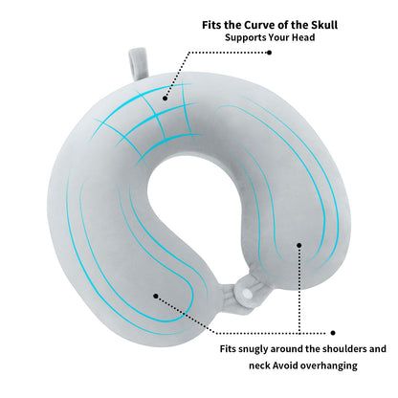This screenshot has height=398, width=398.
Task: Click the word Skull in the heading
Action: point(322,25)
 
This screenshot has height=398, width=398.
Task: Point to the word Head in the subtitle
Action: point(303,37)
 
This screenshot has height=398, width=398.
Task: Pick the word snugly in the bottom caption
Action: point(254,349)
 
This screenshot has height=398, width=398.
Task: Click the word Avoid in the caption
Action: point(285,365)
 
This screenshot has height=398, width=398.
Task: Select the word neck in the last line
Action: point(259,365)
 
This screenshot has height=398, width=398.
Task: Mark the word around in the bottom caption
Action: point(286,349)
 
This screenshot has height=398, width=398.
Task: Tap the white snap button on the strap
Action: point(246,293)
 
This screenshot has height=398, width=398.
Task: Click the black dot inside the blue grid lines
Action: point(165,99)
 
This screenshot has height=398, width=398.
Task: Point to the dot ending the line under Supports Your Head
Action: point(269,53)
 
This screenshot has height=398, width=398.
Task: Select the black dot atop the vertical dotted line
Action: point(298,245)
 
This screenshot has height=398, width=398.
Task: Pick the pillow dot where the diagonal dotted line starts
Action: point(156,296)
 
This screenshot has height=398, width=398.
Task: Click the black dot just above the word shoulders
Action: point(333,333)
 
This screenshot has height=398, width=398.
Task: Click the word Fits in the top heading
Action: point(211,25)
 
